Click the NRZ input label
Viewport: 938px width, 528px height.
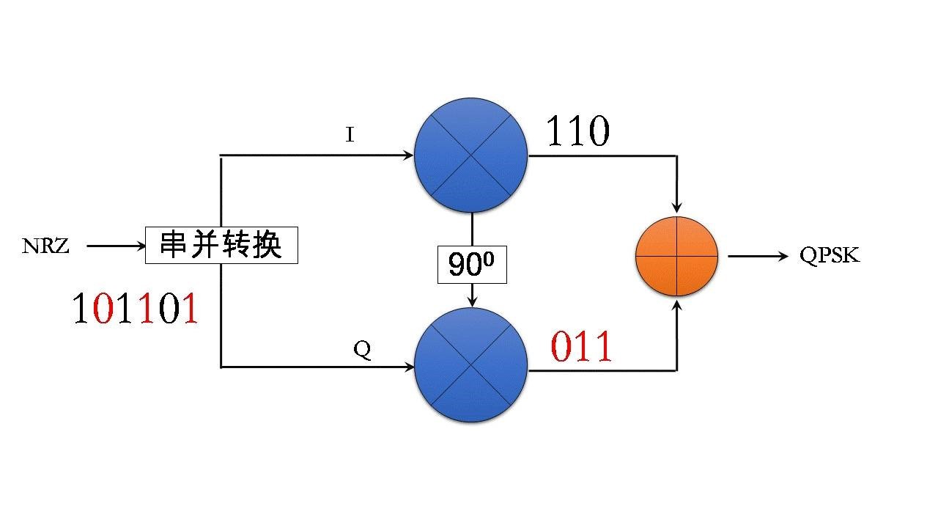click(45, 246)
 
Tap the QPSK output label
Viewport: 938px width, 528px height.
click(830, 256)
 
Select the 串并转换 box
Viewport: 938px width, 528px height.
click(221, 245)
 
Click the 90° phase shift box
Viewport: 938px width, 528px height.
click(472, 265)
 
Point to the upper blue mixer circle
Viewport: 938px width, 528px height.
click(470, 155)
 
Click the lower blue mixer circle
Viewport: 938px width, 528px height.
click(470, 365)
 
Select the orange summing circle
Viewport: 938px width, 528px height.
click(676, 256)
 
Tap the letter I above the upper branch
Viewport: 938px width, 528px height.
click(350, 136)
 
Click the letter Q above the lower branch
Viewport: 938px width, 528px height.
click(362, 350)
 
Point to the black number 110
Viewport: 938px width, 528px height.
click(577, 133)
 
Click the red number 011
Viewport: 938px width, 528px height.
click(581, 347)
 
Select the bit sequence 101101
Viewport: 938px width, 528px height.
click(136, 309)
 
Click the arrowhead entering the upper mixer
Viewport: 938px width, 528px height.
click(407, 155)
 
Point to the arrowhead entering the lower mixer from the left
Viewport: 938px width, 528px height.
click(407, 366)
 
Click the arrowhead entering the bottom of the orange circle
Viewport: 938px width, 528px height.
click(676, 304)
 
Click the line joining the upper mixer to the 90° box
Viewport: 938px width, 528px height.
click(472, 230)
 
